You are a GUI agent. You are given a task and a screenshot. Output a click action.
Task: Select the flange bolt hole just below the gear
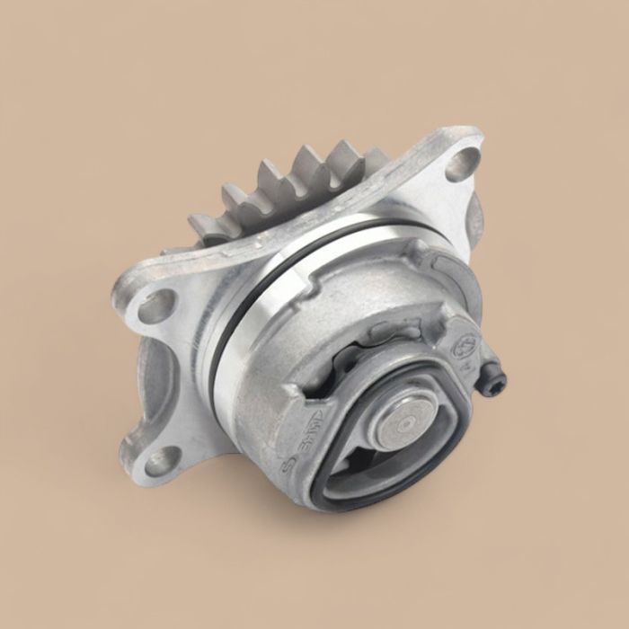[x=155, y=306]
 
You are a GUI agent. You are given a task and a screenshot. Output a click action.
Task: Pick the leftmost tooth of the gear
[x=203, y=225]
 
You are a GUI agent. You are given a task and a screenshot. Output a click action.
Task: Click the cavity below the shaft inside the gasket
[x=355, y=467]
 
